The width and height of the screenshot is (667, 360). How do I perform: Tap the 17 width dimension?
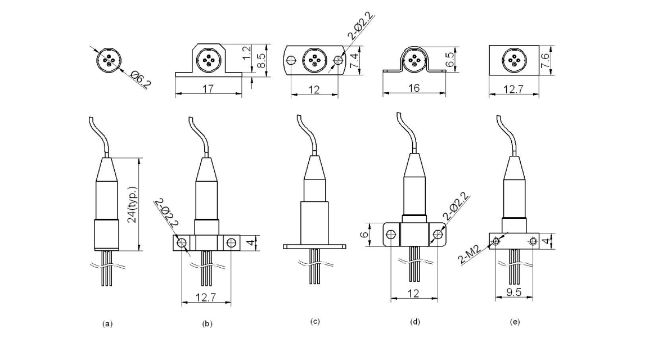click(x=208, y=89)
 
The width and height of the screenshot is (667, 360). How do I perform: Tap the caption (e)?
click(x=513, y=322)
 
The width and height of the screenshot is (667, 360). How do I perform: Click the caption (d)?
click(x=415, y=322)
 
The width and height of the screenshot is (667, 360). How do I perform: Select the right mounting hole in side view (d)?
click(x=437, y=234)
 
